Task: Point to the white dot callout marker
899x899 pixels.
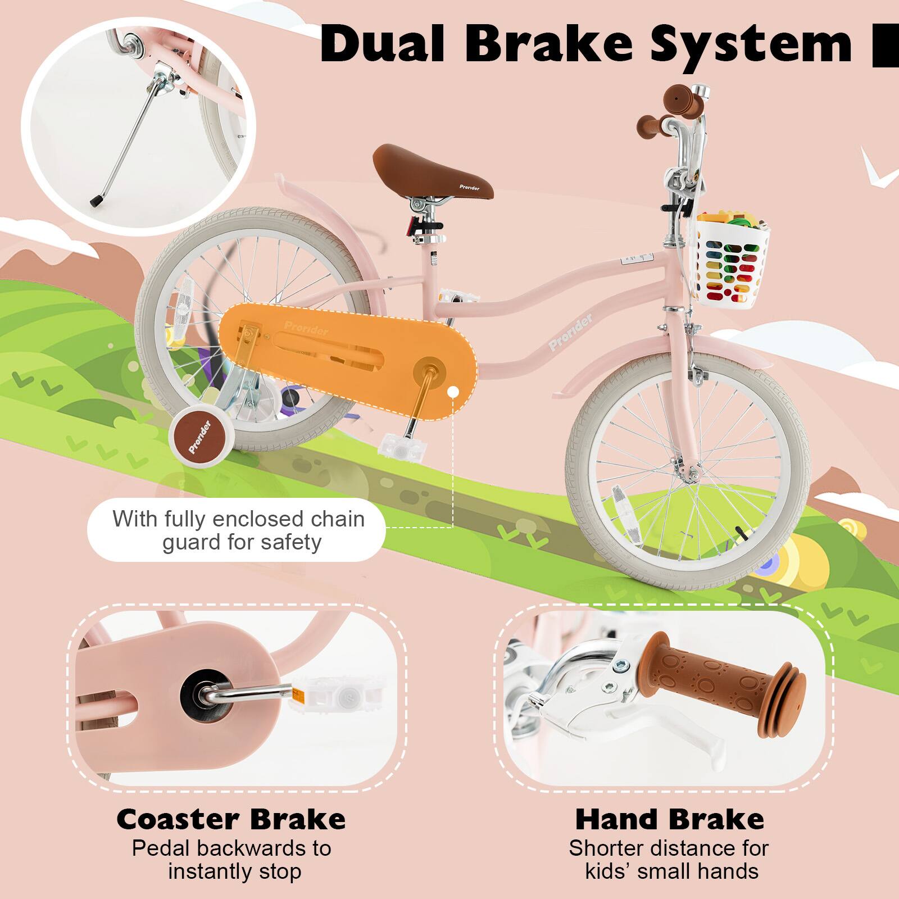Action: pyautogui.click(x=452, y=391)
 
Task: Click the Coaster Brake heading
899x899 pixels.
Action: pyautogui.click(x=231, y=819)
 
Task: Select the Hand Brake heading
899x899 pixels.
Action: pyautogui.click(x=669, y=819)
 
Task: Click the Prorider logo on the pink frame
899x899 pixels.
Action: pyautogui.click(x=570, y=333)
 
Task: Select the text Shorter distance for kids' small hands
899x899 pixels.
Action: pyautogui.click(x=669, y=860)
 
